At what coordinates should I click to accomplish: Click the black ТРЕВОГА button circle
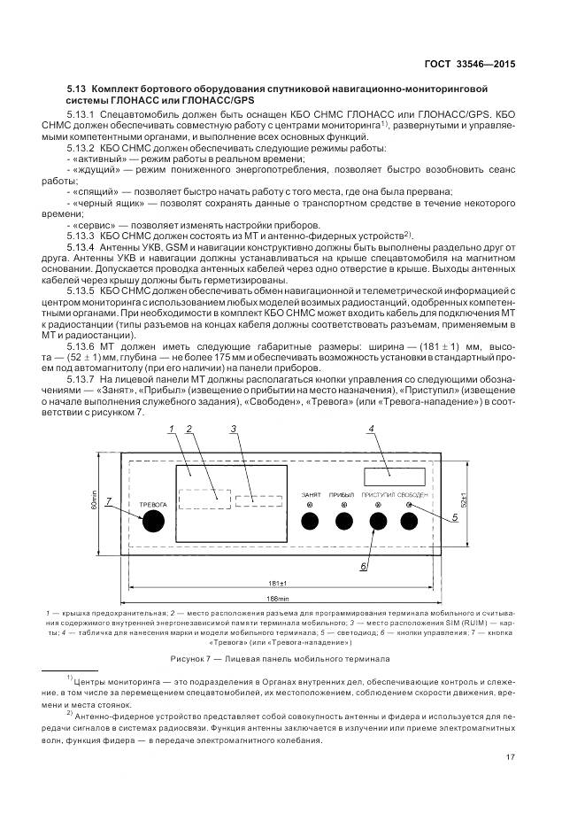(154, 521)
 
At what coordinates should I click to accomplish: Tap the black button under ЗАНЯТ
(310, 521)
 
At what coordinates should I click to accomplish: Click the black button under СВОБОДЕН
(410, 521)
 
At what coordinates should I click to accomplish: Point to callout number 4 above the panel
(372, 430)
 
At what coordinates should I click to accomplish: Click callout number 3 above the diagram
(233, 430)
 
